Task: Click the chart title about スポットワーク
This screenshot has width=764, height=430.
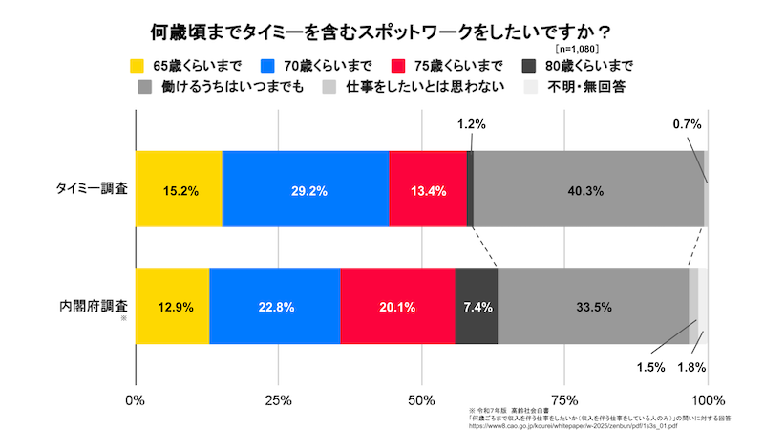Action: pos(381,32)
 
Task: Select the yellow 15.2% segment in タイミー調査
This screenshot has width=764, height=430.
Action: pos(179,189)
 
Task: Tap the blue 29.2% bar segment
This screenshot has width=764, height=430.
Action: pos(306,189)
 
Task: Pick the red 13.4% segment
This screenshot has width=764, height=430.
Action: pos(428,189)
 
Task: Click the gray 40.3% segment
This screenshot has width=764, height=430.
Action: pos(588,189)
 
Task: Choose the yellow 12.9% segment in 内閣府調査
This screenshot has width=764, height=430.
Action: pos(172,307)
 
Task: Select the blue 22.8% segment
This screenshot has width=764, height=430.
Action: pos(274,307)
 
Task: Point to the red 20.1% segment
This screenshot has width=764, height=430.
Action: pos(397,307)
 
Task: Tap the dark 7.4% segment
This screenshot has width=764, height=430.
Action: pos(477,307)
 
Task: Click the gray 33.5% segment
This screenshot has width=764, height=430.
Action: pos(593,307)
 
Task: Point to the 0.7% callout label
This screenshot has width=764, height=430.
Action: pos(688,124)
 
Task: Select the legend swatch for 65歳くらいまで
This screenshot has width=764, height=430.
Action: pos(138,67)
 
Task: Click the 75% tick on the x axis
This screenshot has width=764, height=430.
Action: pos(564,398)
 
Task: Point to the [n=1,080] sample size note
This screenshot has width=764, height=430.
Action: pos(577,48)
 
